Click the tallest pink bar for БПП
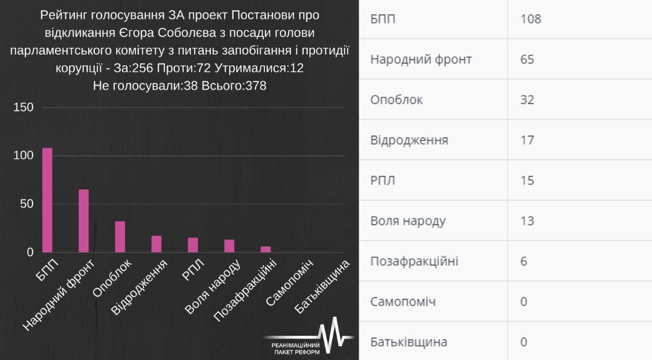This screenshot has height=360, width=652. (x=47, y=200)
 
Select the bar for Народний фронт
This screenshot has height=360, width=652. (x=83, y=221)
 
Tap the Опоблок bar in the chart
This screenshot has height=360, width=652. (x=120, y=237)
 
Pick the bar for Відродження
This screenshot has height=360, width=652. (x=156, y=244)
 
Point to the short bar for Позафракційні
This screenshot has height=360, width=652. (x=266, y=249)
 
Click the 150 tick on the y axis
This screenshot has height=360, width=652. (x=24, y=107)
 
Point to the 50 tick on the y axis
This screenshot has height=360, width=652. (x=27, y=204)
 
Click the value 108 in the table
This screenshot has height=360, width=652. (x=531, y=19)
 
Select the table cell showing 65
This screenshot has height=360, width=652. (x=527, y=59)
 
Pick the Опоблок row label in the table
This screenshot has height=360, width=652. (x=396, y=100)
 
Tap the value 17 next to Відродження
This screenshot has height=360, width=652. (x=527, y=140)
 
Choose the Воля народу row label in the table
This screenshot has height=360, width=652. (x=407, y=220)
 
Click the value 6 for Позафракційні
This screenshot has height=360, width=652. (x=523, y=261)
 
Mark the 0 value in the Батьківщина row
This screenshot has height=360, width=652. (x=523, y=342)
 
